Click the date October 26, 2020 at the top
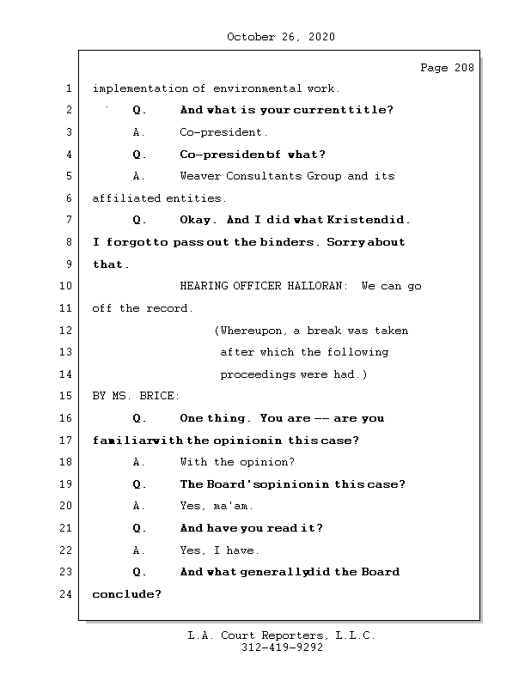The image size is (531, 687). coord(281,37)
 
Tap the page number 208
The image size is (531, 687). coord(463,69)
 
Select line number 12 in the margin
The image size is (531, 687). coord(67,331)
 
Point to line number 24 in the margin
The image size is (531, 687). coord(67,594)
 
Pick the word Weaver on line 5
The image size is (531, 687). coord(200,176)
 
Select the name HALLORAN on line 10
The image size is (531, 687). coord(318,286)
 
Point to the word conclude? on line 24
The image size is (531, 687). coord(126,594)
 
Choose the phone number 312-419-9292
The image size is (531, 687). coord(281,648)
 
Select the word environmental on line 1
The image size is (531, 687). coord(257,88)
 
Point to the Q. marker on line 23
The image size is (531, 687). coord(139,572)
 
